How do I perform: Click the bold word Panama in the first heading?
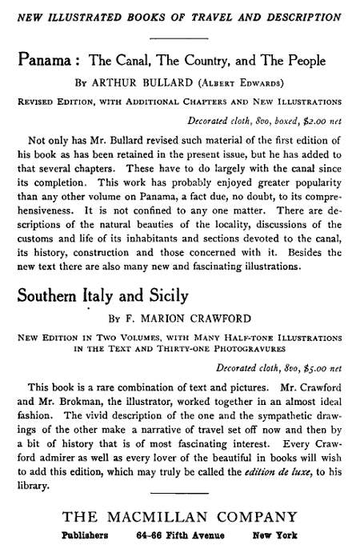(46, 61)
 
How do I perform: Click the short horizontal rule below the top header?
(178, 38)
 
